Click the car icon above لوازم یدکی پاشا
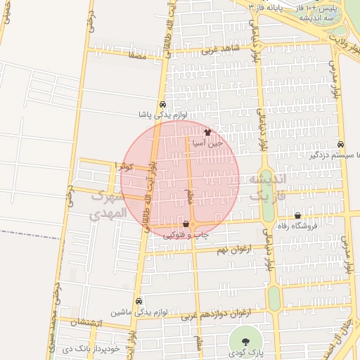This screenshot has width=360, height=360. (x=163, y=104)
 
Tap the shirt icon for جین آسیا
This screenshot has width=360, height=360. (x=207, y=131)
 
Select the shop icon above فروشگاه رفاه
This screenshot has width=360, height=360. (x=297, y=216)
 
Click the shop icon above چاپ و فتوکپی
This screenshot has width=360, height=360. (x=186, y=225)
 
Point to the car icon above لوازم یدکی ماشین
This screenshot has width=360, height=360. (x=139, y=301)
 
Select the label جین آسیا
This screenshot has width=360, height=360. (x=208, y=142)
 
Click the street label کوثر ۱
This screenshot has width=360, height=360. (x=122, y=165)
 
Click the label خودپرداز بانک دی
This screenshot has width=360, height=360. (x=89, y=348)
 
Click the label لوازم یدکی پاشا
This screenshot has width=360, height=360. (x=162, y=114)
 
